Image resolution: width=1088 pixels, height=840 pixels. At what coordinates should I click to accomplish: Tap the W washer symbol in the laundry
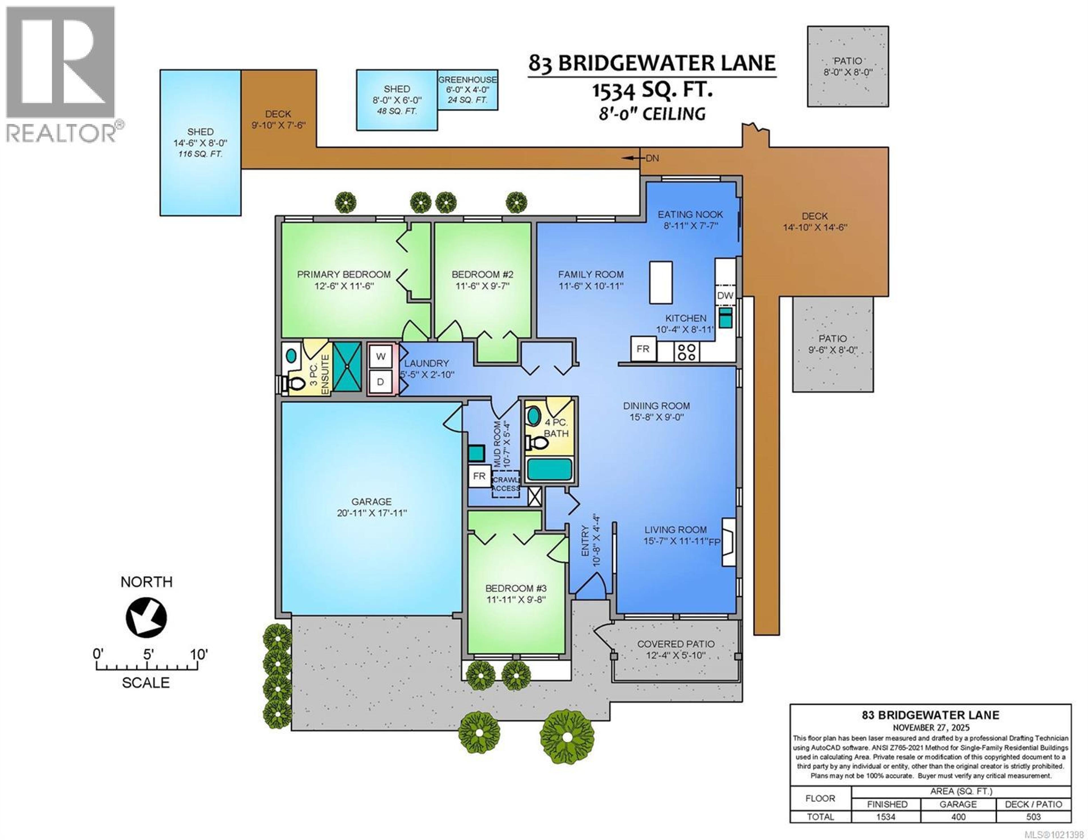tap(381, 356)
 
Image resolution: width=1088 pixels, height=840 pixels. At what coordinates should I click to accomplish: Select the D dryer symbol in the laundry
tap(381, 382)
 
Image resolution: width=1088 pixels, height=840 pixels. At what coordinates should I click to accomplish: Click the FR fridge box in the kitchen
tap(643, 349)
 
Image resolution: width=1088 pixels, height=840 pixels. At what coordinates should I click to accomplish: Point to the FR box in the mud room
tap(479, 476)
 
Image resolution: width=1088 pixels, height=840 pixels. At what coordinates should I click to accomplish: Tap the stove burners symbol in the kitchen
tap(687, 352)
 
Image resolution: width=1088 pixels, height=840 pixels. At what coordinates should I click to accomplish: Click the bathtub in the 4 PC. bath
tap(549, 469)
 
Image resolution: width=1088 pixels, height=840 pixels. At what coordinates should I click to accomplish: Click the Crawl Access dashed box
tap(506, 484)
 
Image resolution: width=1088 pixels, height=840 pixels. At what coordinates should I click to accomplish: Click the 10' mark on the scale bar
tap(199, 654)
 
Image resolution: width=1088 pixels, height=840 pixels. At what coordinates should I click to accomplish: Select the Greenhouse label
tap(467, 80)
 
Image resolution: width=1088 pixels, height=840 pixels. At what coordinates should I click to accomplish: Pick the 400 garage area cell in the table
tap(958, 817)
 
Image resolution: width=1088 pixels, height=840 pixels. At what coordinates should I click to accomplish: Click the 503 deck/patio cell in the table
tap(1033, 817)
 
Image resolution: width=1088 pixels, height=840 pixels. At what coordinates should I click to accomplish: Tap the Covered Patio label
tap(675, 644)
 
